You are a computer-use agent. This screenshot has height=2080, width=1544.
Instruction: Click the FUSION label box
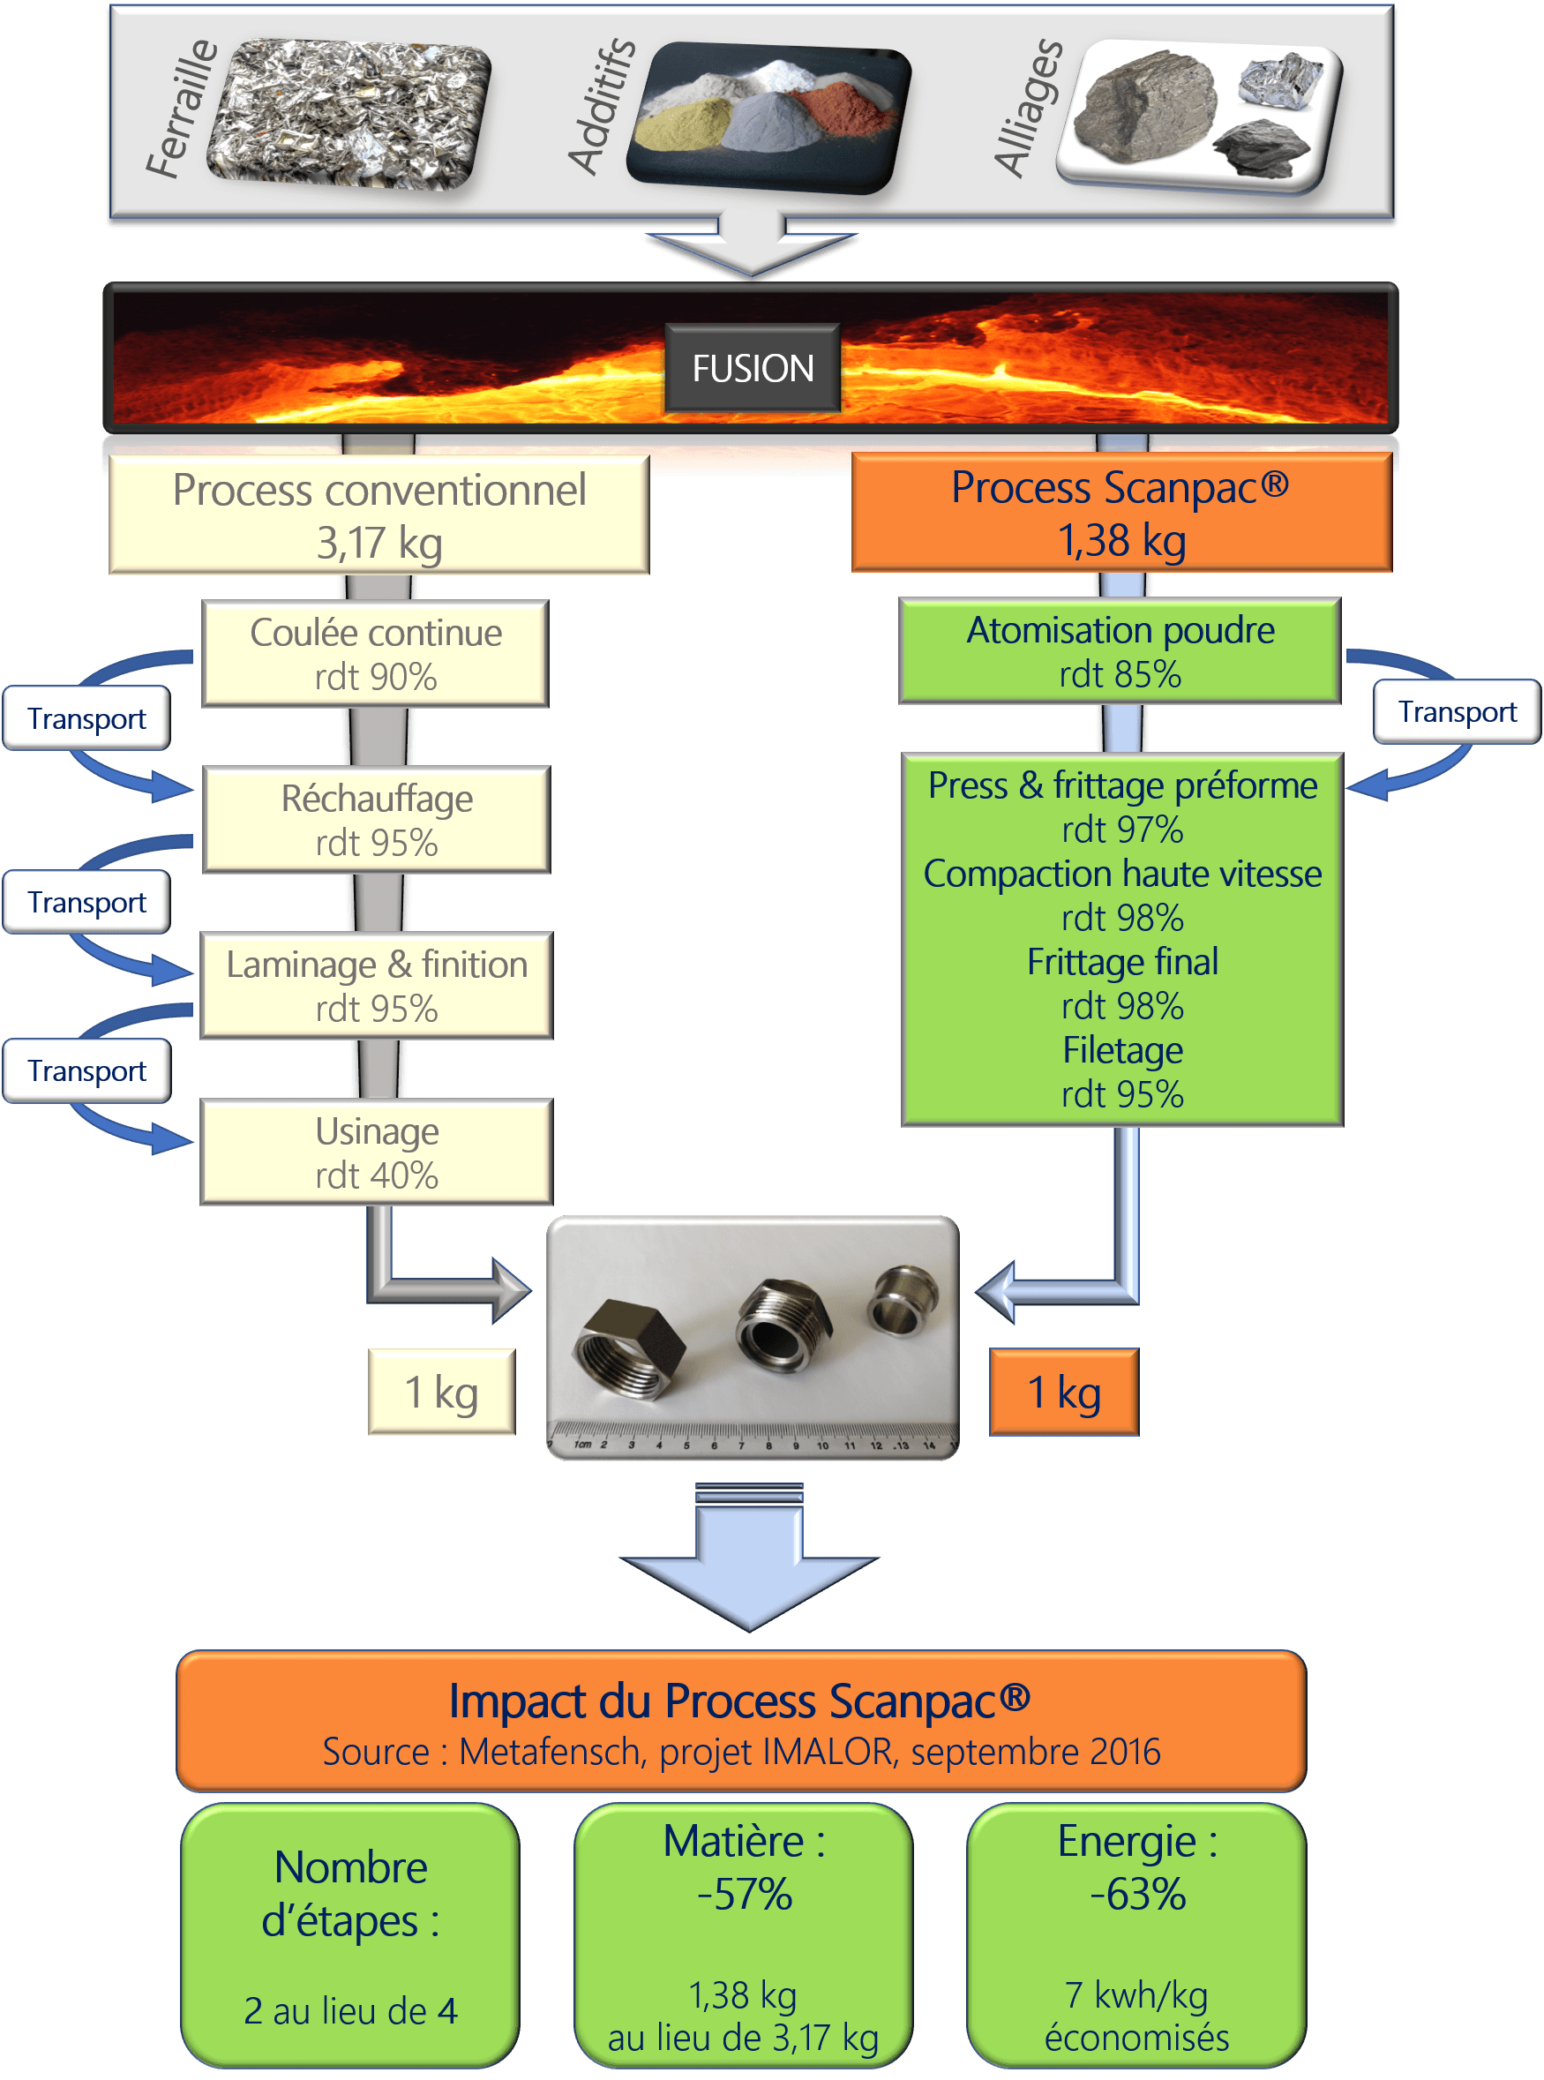tap(753, 368)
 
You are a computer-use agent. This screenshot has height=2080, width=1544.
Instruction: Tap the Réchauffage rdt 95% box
tap(377, 820)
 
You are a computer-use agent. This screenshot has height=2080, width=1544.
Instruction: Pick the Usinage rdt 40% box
tap(377, 1152)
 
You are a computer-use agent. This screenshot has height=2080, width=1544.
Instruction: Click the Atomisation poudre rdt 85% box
tap(1120, 650)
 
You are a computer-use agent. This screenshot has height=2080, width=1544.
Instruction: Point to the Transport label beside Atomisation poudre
tap(1456, 711)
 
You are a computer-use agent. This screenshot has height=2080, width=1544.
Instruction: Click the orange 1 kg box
tap(1064, 1392)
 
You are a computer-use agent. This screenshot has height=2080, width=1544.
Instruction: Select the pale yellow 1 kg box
tap(441, 1392)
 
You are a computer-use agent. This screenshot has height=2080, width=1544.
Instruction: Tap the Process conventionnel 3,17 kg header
tap(379, 515)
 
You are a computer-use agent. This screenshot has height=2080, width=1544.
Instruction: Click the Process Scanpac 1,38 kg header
tap(1121, 513)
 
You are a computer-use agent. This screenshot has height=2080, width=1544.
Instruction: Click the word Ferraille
tap(182, 109)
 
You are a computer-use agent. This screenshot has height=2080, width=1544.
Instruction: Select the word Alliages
tap(1028, 109)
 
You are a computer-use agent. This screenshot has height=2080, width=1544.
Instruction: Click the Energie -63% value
tap(1137, 1894)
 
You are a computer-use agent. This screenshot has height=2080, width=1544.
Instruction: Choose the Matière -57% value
tap(745, 1894)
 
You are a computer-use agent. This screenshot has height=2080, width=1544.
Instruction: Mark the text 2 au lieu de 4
tap(350, 2011)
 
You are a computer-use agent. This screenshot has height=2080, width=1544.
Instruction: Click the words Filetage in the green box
tap(1122, 1051)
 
